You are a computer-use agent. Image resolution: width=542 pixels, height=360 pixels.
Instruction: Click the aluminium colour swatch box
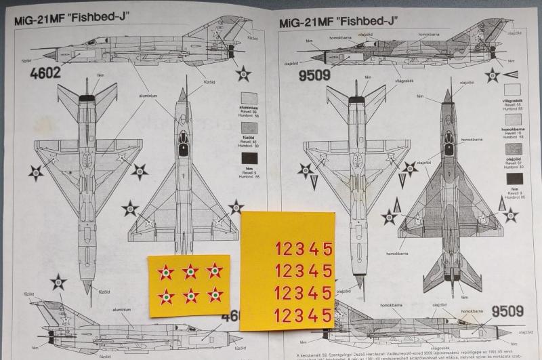pos(249,97)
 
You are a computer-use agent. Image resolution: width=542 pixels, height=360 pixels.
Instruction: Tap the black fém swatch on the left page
pos(249,160)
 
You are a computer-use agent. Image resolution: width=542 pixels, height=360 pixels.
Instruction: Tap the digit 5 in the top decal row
pos(327,249)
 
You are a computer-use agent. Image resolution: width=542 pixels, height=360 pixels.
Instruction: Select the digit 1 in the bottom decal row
pos(279,315)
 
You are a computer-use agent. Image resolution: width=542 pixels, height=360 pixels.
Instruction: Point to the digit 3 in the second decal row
pos(299,271)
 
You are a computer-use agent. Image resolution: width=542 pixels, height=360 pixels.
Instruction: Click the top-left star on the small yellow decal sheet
pos(165,272)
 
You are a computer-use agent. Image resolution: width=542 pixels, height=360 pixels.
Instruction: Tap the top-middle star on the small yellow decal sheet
pos(190,272)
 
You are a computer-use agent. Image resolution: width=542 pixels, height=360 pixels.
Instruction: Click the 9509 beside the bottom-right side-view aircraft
pos(507,312)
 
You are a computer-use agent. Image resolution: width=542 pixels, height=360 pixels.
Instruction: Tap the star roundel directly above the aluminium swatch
pos(243,73)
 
